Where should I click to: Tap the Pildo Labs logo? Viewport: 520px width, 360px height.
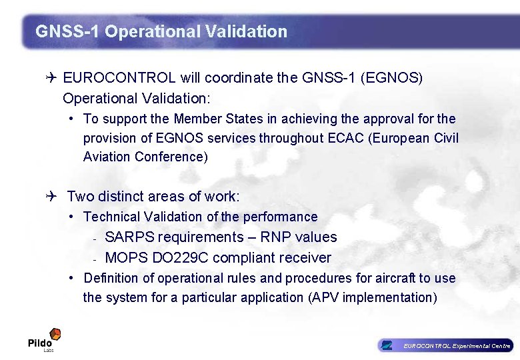[x=44, y=339]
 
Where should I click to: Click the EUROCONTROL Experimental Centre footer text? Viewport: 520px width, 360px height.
[x=457, y=345]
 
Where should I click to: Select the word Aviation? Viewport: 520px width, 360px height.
[x=107, y=157]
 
